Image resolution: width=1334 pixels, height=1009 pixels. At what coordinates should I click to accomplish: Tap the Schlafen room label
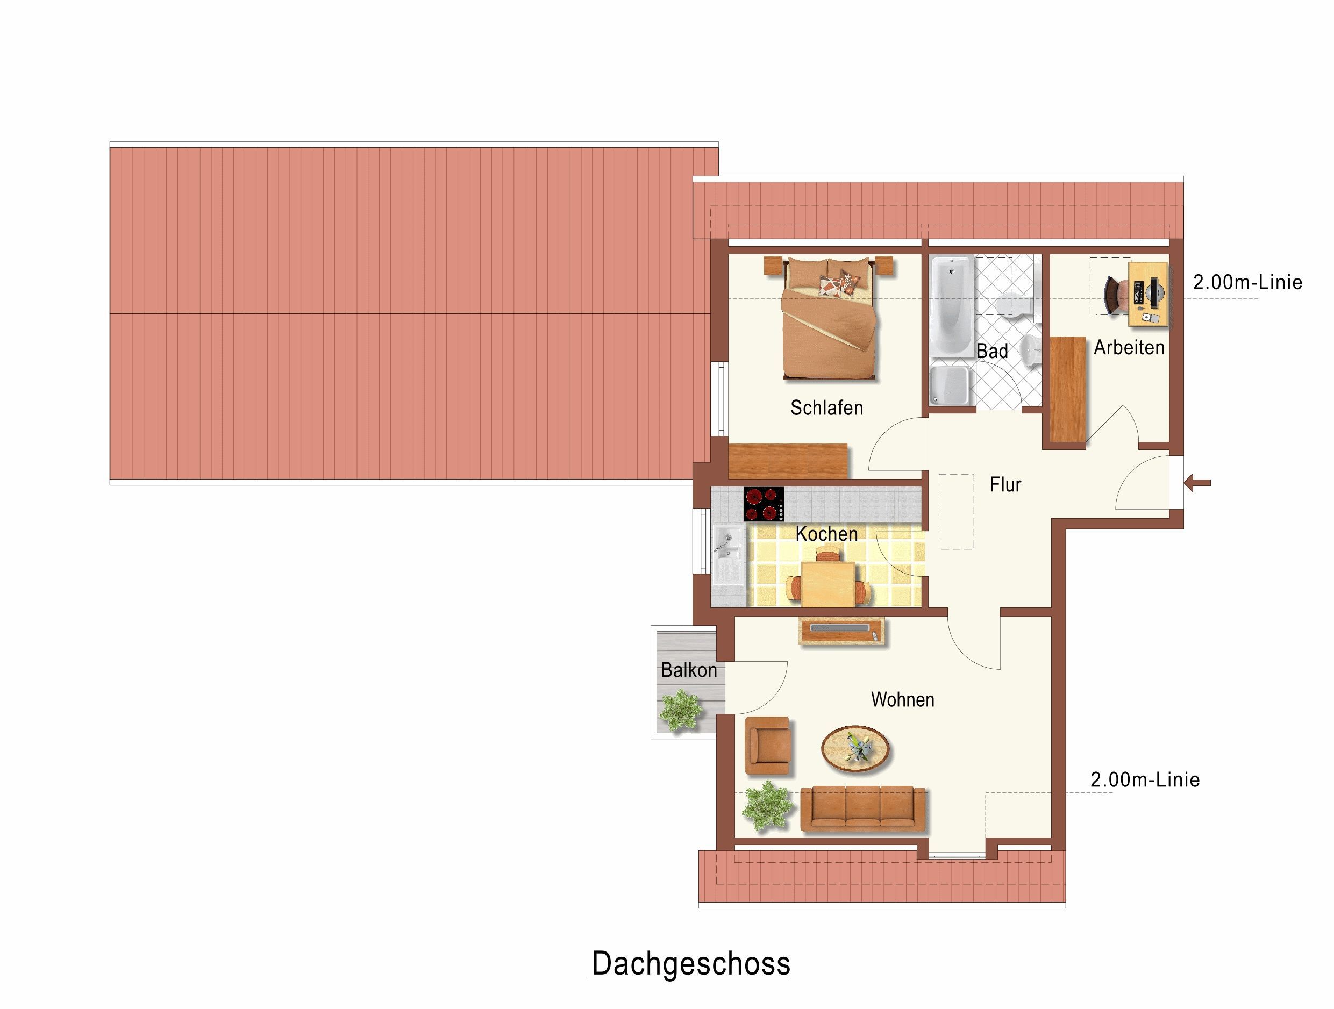(x=826, y=409)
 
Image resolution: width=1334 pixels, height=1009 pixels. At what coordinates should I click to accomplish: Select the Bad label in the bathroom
(x=992, y=351)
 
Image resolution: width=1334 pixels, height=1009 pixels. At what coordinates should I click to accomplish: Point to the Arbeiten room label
(x=1129, y=347)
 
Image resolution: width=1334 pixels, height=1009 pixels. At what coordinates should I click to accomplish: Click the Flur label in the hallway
(x=1005, y=484)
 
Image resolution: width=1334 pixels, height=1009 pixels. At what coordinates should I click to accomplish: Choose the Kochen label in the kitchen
(x=826, y=534)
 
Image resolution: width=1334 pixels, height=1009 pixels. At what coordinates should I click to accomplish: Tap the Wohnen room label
(x=903, y=699)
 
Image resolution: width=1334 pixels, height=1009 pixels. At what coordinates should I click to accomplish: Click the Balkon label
(x=689, y=670)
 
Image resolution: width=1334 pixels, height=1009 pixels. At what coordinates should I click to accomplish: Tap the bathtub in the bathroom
(x=952, y=305)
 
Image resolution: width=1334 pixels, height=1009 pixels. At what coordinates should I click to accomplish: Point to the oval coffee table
(x=855, y=748)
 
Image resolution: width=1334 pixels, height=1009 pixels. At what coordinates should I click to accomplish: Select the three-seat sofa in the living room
(x=864, y=809)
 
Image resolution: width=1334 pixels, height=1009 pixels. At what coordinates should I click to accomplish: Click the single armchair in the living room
(x=767, y=746)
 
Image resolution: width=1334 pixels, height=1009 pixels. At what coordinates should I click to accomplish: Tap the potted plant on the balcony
(x=681, y=711)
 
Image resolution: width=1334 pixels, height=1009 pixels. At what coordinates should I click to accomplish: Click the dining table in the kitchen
(x=828, y=583)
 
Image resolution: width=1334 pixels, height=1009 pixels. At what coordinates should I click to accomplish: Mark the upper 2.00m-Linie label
(x=1247, y=282)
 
